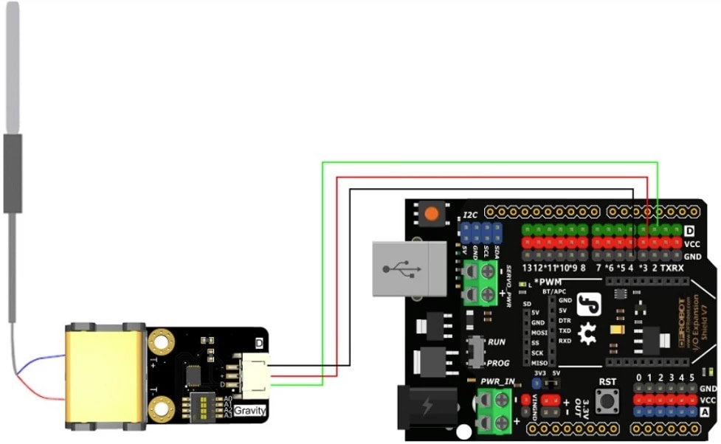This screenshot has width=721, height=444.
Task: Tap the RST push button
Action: [x=609, y=401]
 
